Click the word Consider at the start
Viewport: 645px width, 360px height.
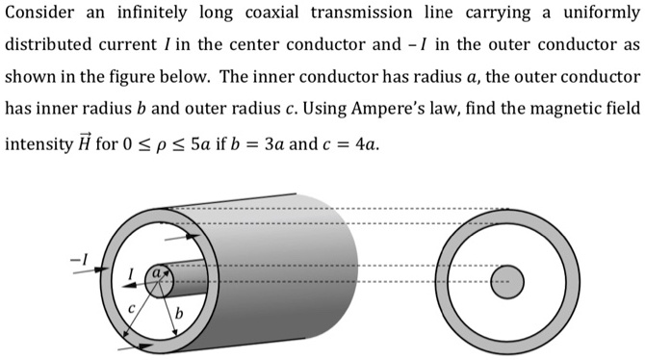(38, 14)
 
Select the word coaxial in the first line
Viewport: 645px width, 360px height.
(297, 14)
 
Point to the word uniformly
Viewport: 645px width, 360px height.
(598, 14)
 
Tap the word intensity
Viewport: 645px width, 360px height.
(38, 145)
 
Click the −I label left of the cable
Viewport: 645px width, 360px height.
(78, 257)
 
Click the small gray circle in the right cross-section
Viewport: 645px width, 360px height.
(505, 282)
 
